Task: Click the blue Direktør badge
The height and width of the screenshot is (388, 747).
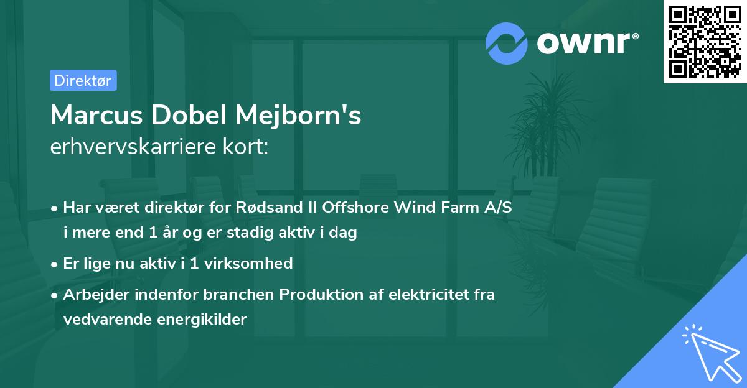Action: pyautogui.click(x=83, y=80)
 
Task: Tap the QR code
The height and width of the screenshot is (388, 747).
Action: pyautogui.click(x=705, y=42)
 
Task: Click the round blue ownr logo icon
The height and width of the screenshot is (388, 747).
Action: pyautogui.click(x=506, y=44)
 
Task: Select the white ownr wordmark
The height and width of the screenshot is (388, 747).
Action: pyautogui.click(x=588, y=43)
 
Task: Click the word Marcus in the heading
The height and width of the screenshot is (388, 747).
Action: pyautogui.click(x=96, y=115)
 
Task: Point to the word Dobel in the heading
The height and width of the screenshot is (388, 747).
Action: pyautogui.click(x=189, y=115)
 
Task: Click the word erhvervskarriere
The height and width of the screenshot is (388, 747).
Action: pyautogui.click(x=133, y=147)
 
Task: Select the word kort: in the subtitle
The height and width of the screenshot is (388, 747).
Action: pyautogui.click(x=246, y=147)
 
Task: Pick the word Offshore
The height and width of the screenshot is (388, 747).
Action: pyautogui.click(x=355, y=207)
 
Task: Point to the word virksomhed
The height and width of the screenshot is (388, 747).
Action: pyautogui.click(x=248, y=264)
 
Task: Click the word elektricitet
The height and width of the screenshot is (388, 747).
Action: pyautogui.click(x=429, y=294)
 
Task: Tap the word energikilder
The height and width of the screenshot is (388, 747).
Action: pyautogui.click(x=202, y=320)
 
